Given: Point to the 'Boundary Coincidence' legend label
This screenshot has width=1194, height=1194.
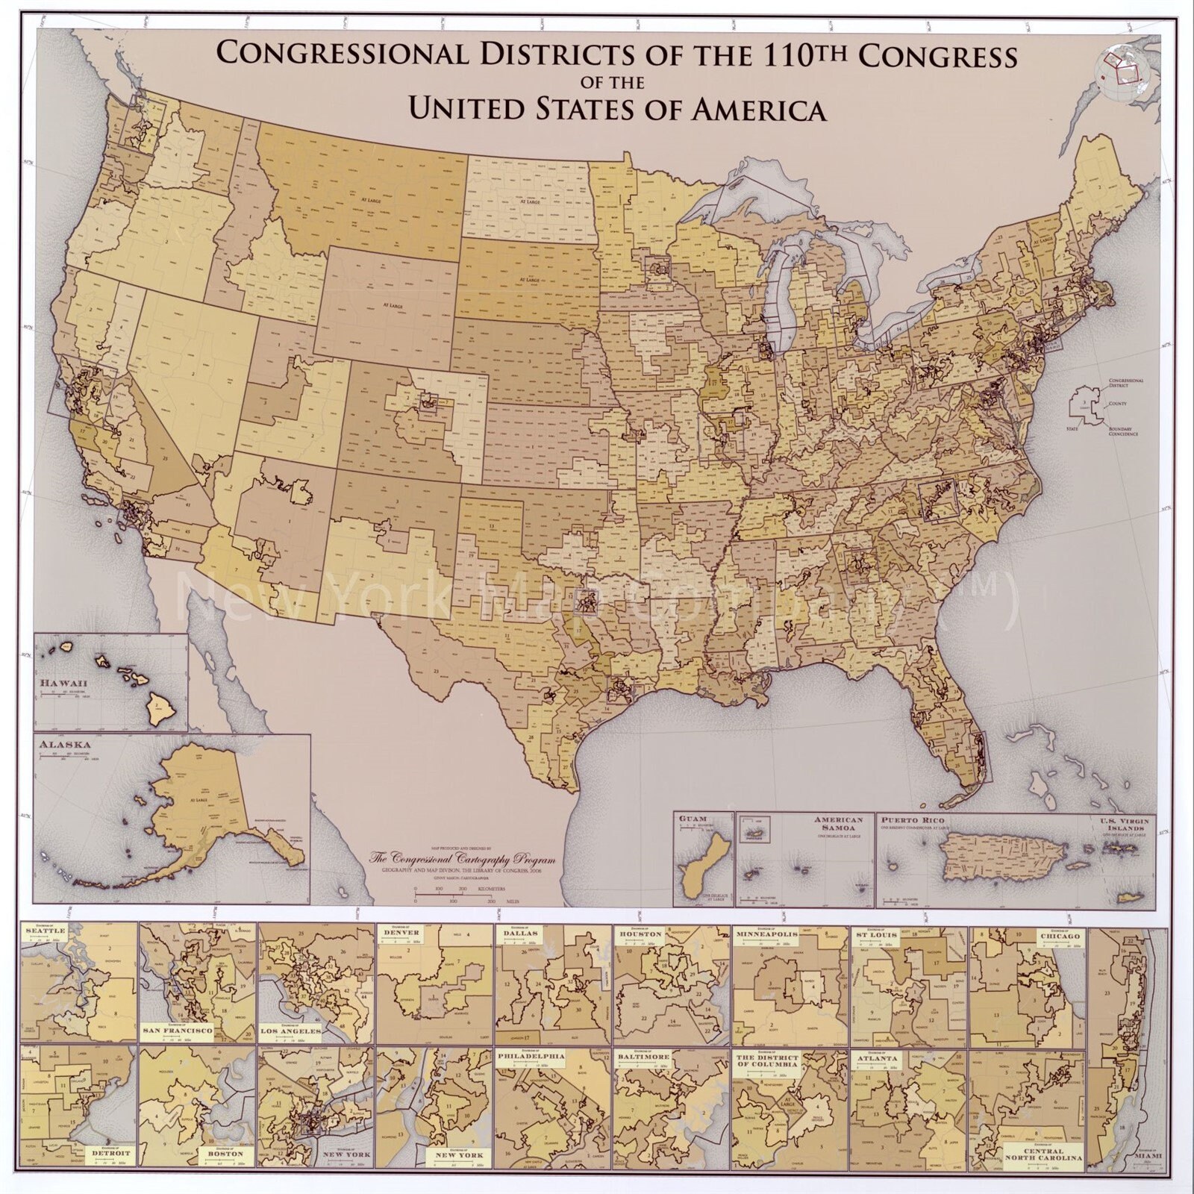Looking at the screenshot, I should pos(1123,431).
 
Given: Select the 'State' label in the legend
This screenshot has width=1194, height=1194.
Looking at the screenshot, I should pos(1072,429).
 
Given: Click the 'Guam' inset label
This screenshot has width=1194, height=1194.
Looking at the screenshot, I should pos(693,819).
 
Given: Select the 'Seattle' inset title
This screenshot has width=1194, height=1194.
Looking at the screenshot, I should pos(46,931).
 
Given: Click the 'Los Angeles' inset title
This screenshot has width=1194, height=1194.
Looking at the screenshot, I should pos(290,1031).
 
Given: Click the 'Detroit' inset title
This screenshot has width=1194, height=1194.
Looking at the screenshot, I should pos(110,1153).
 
